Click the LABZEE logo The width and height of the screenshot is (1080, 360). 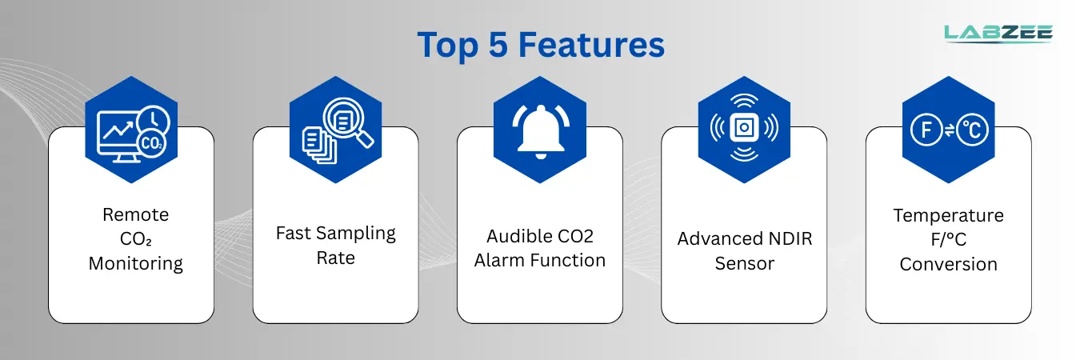coord(998,34)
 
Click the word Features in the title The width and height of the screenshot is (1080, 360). coord(591,45)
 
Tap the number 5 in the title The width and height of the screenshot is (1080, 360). coord(498,45)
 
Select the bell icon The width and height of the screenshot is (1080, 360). coord(541,131)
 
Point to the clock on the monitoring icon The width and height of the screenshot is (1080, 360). coord(154,121)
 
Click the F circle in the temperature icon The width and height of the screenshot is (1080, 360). coord(926,130)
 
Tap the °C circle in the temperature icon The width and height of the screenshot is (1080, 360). coord(973,130)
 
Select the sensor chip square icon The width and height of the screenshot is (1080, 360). coord(744,128)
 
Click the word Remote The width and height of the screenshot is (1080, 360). coord(135,214)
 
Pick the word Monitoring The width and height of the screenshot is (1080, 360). coord(135,264)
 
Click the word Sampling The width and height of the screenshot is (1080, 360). coord(356,234)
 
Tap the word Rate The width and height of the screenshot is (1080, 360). coord(335,258)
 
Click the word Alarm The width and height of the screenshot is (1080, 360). coord(499,260)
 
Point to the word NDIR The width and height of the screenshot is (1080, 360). coord(790,238)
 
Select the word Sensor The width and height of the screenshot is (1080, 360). coord(745,264)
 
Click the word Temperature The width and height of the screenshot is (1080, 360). coord(948,215)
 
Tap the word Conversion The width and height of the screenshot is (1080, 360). coord(948,264)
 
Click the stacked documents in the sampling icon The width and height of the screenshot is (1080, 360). coord(318,145)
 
